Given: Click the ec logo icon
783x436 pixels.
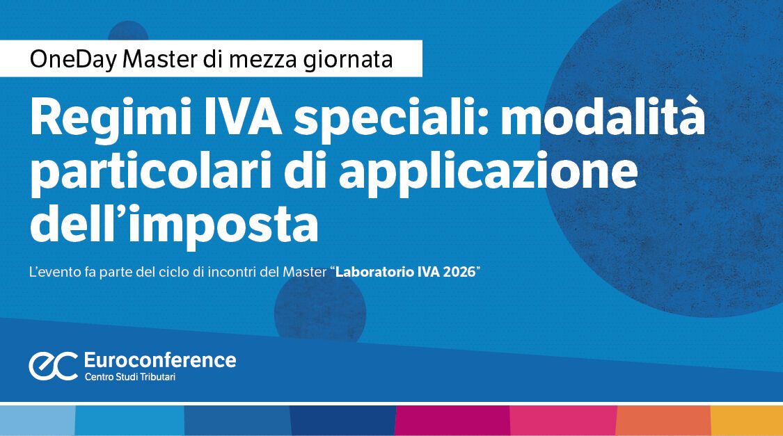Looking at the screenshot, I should [x=53, y=366].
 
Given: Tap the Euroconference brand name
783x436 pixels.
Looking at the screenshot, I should [x=159, y=360].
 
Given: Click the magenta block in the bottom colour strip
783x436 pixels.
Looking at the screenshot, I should [x=452, y=420].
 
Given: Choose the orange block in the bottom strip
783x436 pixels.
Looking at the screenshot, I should [x=664, y=420].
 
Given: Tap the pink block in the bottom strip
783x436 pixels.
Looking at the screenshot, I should [x=563, y=420].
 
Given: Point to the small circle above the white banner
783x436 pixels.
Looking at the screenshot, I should [x=128, y=31].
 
